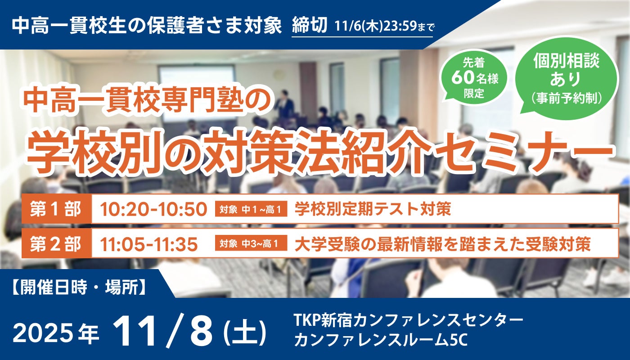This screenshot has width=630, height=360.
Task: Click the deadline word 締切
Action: (310, 26)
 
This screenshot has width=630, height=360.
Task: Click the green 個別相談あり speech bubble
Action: (566, 76)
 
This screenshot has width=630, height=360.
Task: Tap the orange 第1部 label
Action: (56, 209)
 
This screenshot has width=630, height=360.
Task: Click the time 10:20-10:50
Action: (153, 209)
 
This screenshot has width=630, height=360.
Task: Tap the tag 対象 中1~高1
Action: (252, 209)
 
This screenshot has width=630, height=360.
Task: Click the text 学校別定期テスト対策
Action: (373, 209)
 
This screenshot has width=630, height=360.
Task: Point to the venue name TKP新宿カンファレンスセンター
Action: (408, 321)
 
